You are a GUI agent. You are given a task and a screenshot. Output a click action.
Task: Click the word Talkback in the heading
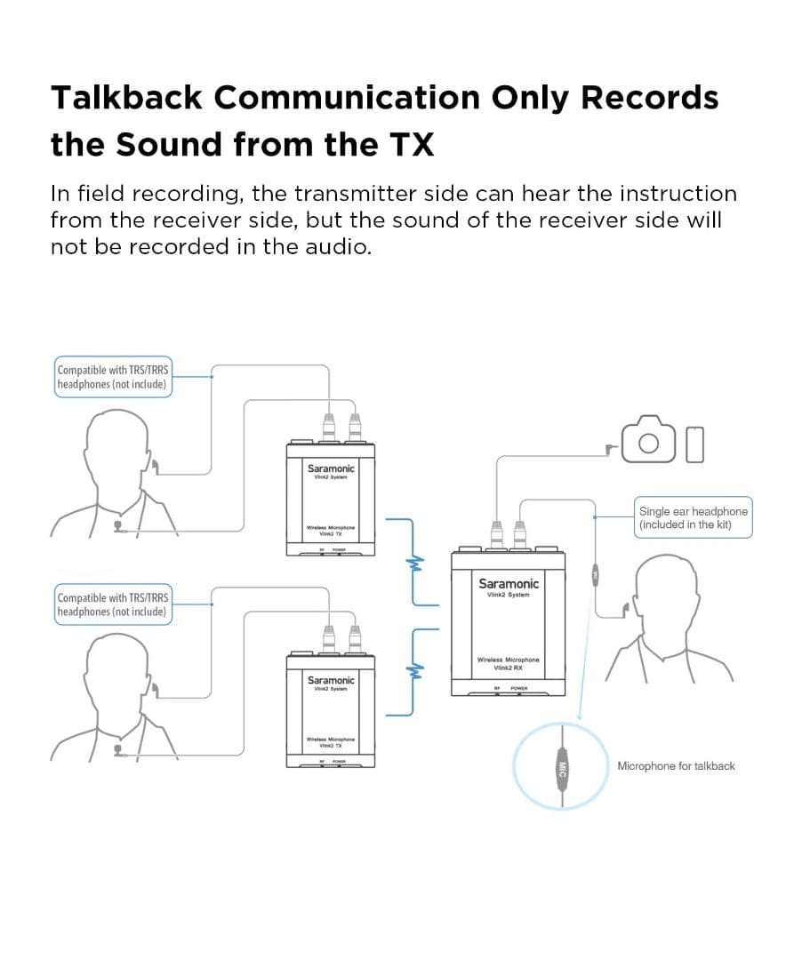[x=124, y=97]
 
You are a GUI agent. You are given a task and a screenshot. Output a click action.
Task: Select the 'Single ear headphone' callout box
[x=693, y=517]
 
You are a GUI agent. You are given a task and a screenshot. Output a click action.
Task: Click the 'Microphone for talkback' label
[x=676, y=765]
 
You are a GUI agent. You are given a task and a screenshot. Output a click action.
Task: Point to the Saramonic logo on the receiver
[x=509, y=584]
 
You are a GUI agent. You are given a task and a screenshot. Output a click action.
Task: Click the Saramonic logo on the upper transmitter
[x=331, y=468]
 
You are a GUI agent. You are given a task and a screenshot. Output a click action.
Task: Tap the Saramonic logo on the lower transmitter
[x=331, y=680]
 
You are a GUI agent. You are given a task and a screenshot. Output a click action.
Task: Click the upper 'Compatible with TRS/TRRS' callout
[x=112, y=377]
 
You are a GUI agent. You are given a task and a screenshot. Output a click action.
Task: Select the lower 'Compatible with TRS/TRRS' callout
[x=112, y=604]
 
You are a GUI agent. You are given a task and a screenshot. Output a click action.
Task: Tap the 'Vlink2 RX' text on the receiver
[x=509, y=668]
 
